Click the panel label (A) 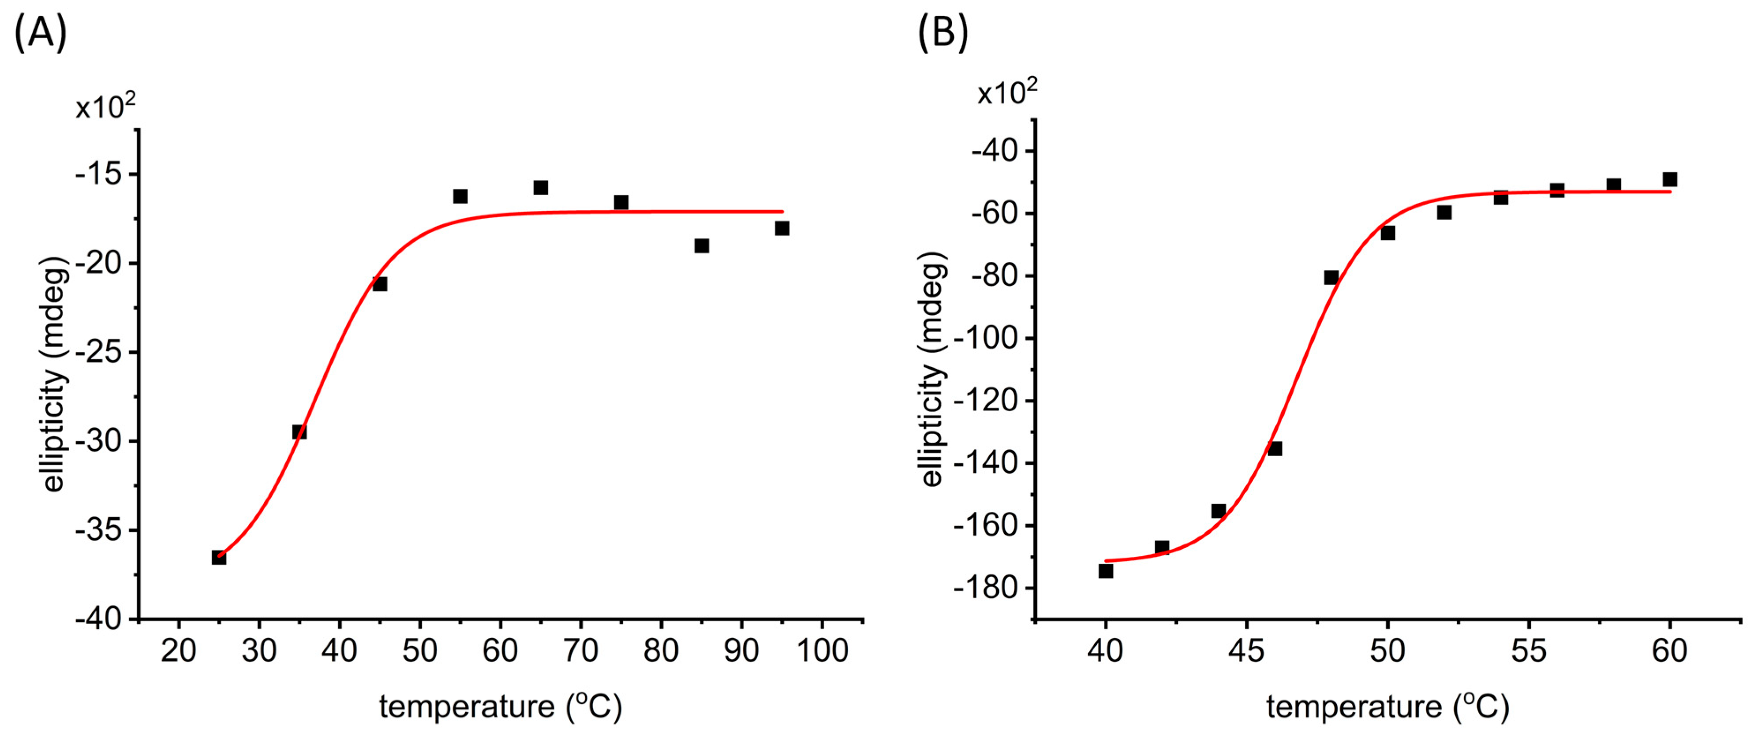(40, 33)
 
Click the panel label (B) (942, 33)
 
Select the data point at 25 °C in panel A (219, 557)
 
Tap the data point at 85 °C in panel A (701, 246)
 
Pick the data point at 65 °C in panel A (541, 188)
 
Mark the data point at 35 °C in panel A (299, 432)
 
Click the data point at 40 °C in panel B (1106, 571)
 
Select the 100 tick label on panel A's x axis (822, 651)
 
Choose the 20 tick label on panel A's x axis (178, 651)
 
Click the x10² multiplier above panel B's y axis (1007, 93)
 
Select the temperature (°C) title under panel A (501, 707)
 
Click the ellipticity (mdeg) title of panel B (932, 369)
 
